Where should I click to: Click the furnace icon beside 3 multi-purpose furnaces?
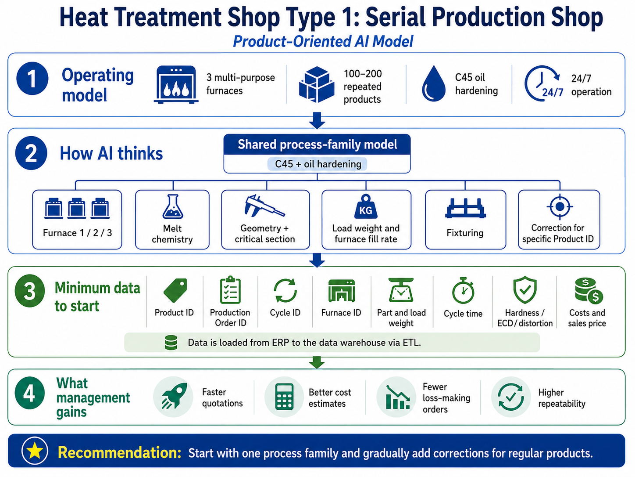[176, 84]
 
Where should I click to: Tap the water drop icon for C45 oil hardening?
[433, 83]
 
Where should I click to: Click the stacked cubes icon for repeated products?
[317, 84]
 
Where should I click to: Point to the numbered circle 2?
[31, 153]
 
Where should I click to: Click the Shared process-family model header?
[317, 144]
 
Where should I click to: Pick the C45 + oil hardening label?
[317, 164]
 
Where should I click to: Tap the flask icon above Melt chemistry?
[173, 206]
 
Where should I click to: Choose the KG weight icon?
[366, 206]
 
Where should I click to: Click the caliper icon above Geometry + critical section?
[264, 206]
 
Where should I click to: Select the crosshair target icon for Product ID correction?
[560, 207]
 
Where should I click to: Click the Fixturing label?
[465, 233]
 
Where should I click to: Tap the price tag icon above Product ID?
[175, 290]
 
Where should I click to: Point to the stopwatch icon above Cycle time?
[463, 290]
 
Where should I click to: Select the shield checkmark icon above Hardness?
[525, 290]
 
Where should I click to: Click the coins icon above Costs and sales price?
[589, 290]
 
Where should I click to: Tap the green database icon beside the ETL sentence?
[171, 343]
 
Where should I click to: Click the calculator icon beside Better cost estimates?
[284, 397]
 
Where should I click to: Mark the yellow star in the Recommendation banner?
[35, 451]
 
